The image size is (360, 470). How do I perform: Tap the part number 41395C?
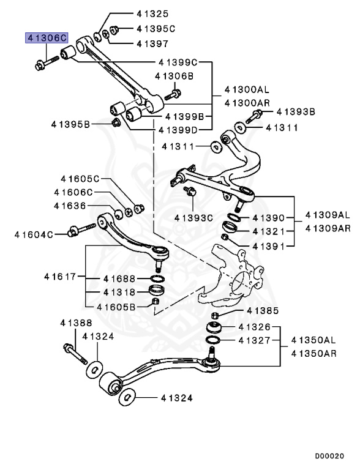click(x=156, y=28)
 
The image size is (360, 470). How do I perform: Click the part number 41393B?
click(x=296, y=112)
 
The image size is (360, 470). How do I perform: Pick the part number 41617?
click(x=59, y=277)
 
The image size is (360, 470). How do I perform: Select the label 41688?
click(x=119, y=277)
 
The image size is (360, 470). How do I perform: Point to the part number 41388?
click(x=76, y=323)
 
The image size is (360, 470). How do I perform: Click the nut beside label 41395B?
click(x=116, y=124)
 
